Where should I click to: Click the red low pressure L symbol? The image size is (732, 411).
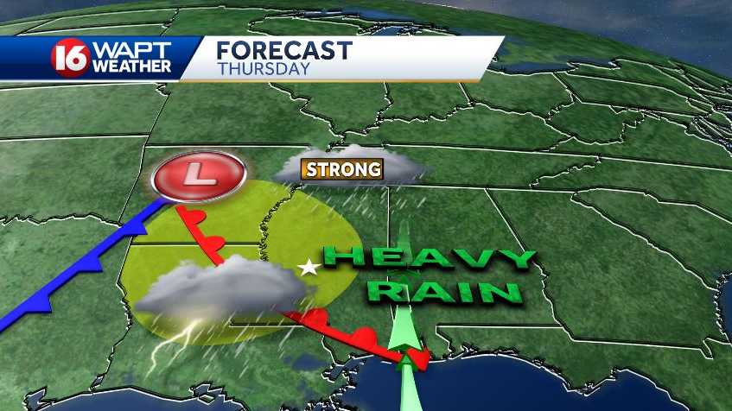[200, 174]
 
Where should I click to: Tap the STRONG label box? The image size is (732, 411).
[342, 168]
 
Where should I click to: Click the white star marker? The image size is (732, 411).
[306, 269]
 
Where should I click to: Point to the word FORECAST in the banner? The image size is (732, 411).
[283, 50]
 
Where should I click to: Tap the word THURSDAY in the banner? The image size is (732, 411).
[264, 69]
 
